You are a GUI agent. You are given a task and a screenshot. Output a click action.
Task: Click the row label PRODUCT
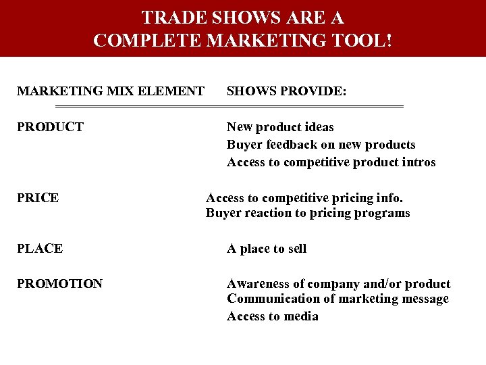pyautogui.click(x=51, y=126)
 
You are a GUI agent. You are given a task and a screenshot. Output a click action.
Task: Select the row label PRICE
pyautogui.click(x=38, y=198)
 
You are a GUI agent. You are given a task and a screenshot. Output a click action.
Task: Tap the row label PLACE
pyautogui.click(x=40, y=248)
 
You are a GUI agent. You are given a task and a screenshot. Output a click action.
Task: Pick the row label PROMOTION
pyautogui.click(x=60, y=284)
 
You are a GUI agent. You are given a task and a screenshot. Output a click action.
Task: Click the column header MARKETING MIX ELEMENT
pyautogui.click(x=111, y=91)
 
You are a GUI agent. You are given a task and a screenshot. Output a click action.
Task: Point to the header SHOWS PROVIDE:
pyautogui.click(x=287, y=91)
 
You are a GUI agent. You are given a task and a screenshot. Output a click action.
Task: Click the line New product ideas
pyautogui.click(x=280, y=127)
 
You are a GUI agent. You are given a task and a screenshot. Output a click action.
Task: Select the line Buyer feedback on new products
pyautogui.click(x=321, y=145)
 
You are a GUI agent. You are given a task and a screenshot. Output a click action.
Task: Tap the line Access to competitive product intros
pyautogui.click(x=331, y=162)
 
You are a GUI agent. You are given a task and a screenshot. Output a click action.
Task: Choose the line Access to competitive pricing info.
pyautogui.click(x=304, y=198)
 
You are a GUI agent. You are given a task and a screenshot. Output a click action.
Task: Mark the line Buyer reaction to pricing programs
pyautogui.click(x=308, y=213)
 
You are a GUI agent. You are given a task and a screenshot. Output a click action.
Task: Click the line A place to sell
pyautogui.click(x=267, y=249)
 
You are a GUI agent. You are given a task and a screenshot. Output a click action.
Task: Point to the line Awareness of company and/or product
pyautogui.click(x=339, y=284)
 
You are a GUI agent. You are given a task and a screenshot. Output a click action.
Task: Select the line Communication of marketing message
pyautogui.click(x=337, y=299)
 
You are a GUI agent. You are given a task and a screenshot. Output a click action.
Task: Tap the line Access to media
pyautogui.click(x=273, y=316)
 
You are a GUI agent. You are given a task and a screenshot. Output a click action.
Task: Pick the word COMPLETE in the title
pyautogui.click(x=148, y=40)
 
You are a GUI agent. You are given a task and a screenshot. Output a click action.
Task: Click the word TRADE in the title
pyautogui.click(x=170, y=17)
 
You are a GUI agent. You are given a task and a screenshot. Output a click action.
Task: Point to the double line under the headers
pyautogui.click(x=229, y=107)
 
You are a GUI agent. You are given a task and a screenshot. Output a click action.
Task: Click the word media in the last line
pyautogui.click(x=302, y=316)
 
